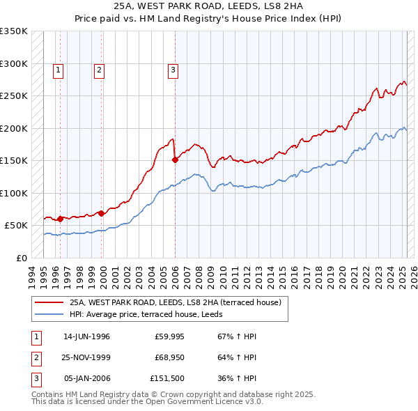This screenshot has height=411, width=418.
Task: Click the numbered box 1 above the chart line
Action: click(58, 69)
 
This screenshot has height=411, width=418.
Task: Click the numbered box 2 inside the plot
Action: click(100, 69)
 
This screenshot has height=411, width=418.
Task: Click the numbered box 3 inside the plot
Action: click(172, 69)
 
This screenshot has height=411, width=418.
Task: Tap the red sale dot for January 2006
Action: click(175, 160)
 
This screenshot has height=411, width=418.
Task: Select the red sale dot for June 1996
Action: click(60, 219)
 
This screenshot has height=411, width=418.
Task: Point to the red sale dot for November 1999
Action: click(102, 213)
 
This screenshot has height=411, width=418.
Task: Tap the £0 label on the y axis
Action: click(21, 258)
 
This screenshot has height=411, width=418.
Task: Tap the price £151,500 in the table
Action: click(167, 380)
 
